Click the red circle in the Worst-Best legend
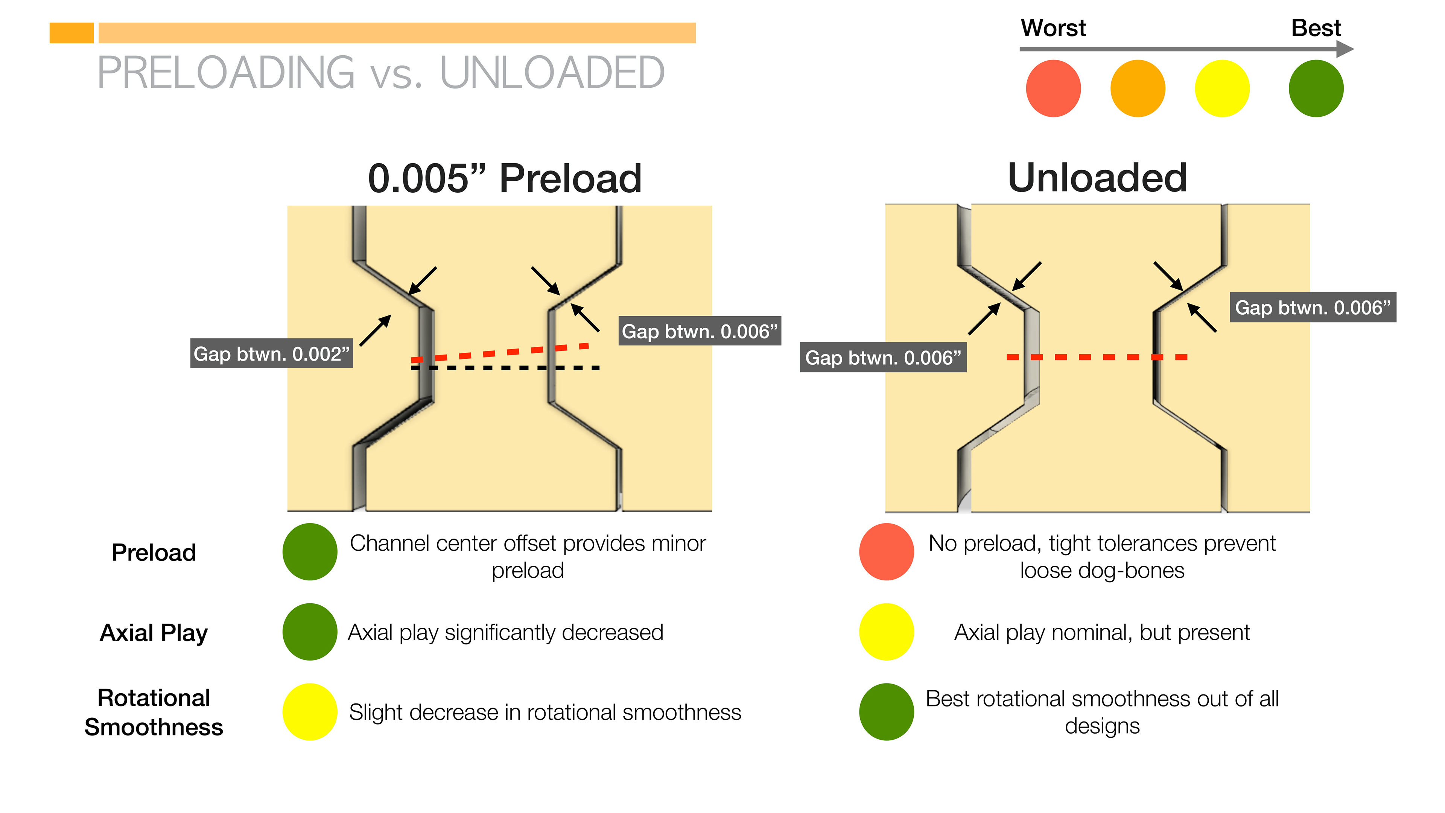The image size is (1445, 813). point(1053,89)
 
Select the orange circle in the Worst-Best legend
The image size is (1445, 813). point(1137,89)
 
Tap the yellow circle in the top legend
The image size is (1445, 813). point(1222,89)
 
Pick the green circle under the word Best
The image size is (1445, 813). point(1316,89)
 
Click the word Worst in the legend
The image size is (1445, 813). point(1053,28)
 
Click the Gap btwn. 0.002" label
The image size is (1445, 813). point(271,353)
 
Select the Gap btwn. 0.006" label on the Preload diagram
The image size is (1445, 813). point(700,331)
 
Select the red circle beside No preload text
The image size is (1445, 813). point(886,551)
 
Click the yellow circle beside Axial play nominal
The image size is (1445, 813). point(886,632)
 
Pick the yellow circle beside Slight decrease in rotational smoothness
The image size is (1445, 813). point(310,711)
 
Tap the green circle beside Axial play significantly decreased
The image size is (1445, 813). point(310,632)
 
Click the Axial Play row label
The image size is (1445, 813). point(154,632)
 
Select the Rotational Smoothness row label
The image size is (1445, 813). point(154,712)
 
